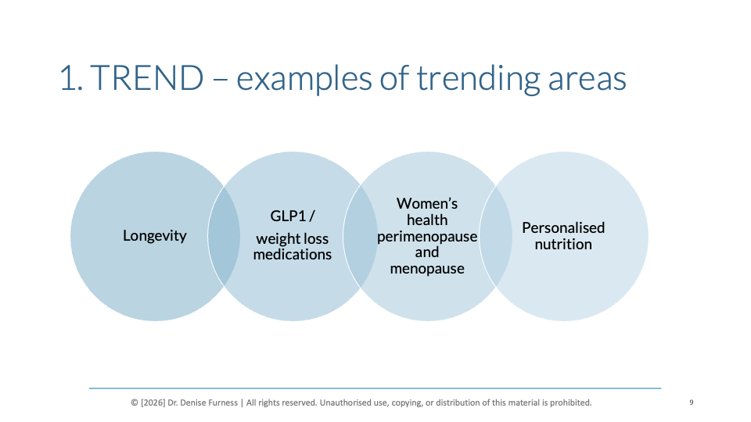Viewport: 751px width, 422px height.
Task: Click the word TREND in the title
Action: tap(146, 77)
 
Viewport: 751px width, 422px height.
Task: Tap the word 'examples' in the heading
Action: tap(304, 79)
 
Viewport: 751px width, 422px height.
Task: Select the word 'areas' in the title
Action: tap(587, 80)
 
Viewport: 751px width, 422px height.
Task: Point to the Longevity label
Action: tap(155, 236)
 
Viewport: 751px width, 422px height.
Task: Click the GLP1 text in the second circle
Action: tap(288, 216)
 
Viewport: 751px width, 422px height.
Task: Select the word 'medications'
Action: tap(292, 254)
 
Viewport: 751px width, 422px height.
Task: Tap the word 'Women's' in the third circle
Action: tap(427, 203)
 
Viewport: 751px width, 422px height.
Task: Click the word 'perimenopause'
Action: tap(427, 236)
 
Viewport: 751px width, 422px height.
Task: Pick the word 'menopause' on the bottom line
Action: tap(427, 268)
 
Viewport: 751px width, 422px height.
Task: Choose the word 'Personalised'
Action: tap(563, 227)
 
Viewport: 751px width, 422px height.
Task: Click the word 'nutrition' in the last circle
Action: tap(563, 244)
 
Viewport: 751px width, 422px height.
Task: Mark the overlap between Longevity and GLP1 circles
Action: tap(224, 236)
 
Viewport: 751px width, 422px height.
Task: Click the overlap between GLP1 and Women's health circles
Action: tap(360, 236)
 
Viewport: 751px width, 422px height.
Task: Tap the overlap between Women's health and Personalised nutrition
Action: tap(496, 236)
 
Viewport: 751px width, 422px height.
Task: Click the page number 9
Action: tap(691, 402)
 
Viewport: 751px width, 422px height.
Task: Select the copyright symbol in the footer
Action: tap(135, 403)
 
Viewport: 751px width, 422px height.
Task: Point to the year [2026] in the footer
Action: tap(153, 403)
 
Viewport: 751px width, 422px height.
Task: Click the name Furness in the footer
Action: tap(221, 403)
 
